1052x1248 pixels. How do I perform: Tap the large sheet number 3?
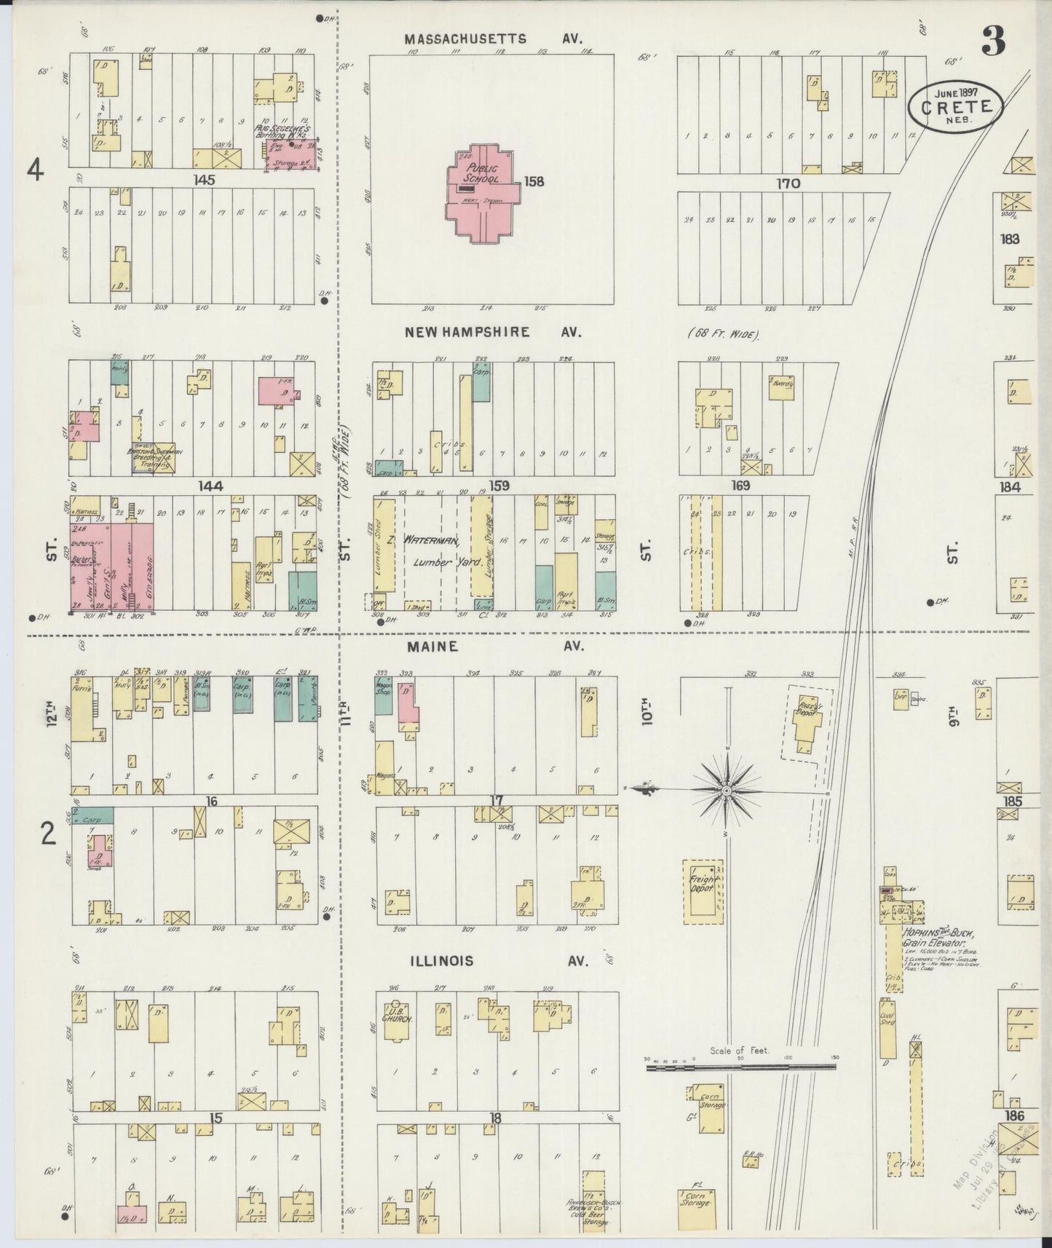coord(993,41)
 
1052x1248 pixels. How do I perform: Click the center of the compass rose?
coord(727,789)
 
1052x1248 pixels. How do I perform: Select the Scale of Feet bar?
coord(740,1067)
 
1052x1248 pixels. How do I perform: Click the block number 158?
coord(534,181)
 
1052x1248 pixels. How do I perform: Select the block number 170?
coord(788,183)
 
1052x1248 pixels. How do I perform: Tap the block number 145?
coord(205,180)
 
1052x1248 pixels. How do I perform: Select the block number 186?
coord(1013,1115)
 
